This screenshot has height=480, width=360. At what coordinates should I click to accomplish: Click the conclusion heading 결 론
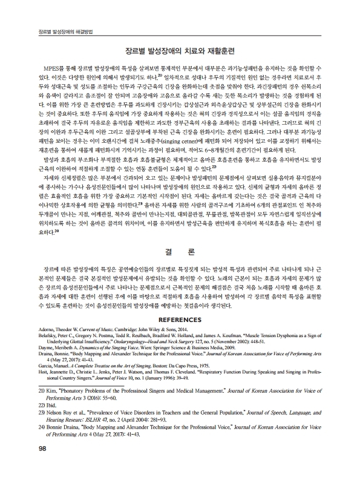[180, 251]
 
